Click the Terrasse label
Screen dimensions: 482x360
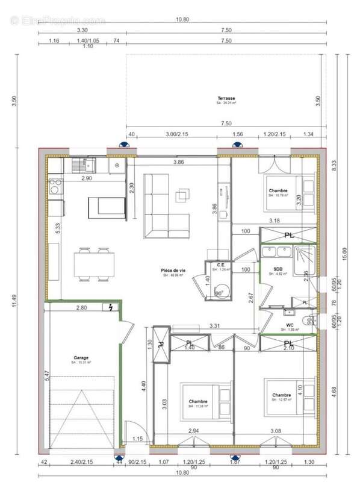click(x=226, y=98)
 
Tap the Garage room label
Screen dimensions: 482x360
click(x=81, y=357)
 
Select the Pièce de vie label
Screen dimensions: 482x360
click(x=173, y=271)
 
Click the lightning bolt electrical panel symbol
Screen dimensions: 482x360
click(x=111, y=308)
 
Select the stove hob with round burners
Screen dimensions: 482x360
click(x=55, y=185)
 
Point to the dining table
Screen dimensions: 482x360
click(x=95, y=264)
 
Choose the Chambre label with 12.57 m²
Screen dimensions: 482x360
click(x=281, y=396)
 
